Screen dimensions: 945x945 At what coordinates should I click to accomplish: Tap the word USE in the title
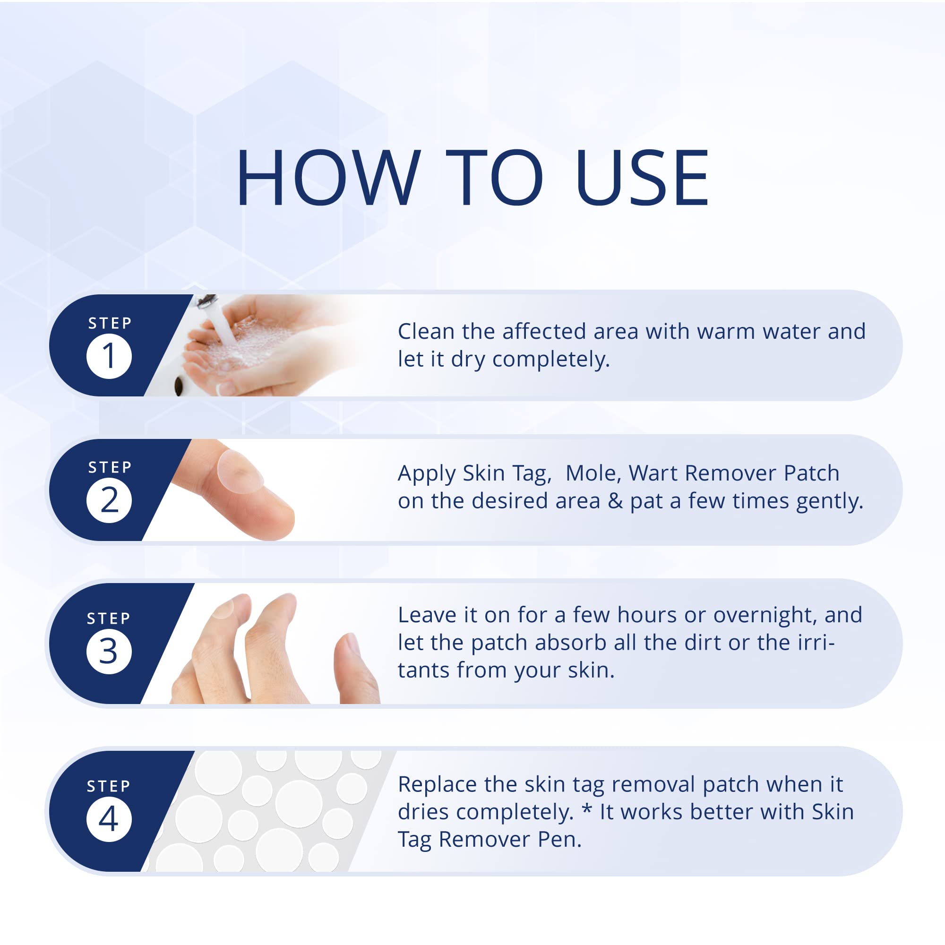click(x=642, y=177)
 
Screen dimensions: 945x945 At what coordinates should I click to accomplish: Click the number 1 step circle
click(x=109, y=356)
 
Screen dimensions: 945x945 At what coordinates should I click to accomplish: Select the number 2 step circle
click(x=109, y=500)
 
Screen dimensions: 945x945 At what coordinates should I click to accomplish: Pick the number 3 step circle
click(x=109, y=652)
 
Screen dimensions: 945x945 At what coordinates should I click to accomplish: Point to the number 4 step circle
click(x=109, y=819)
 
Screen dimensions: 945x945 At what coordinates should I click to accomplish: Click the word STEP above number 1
click(x=110, y=323)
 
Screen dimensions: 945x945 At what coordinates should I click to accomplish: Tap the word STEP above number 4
click(x=109, y=786)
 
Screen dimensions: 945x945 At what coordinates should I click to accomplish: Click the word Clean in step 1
click(x=426, y=332)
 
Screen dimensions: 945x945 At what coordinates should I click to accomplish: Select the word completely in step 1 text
click(x=551, y=360)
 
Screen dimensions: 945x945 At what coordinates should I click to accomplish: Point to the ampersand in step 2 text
click(x=615, y=501)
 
